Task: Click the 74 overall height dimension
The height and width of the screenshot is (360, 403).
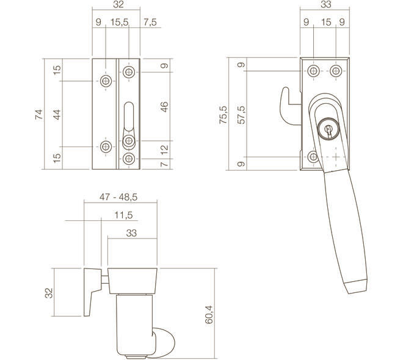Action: click(x=38, y=114)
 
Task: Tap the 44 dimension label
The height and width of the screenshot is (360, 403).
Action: click(x=57, y=114)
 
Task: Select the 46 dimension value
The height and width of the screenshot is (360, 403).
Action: click(x=164, y=107)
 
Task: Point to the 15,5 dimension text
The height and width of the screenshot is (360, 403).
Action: click(x=119, y=22)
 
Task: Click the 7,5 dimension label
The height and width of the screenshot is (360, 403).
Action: click(x=150, y=22)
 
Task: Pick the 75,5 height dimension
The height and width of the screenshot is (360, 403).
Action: click(x=223, y=115)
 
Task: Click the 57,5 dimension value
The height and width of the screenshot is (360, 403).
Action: click(x=241, y=115)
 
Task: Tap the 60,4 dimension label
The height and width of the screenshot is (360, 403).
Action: click(x=209, y=314)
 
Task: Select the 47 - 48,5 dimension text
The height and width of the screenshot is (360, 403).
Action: click(x=118, y=197)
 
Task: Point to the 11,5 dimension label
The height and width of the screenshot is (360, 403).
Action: click(x=123, y=215)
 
